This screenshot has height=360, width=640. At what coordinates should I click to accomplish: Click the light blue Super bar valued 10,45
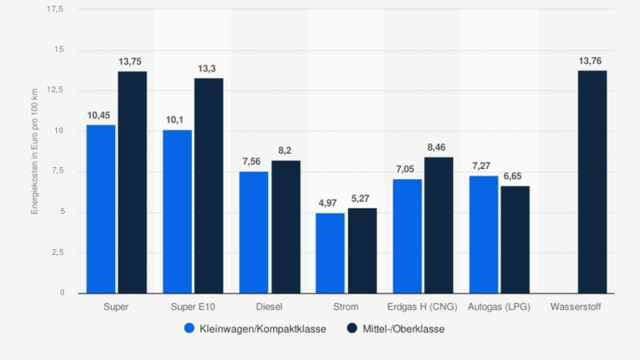tap(101, 209)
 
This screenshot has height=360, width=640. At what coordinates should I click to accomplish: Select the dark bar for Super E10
tap(208, 186)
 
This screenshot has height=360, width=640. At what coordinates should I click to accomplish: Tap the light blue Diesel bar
tap(253, 232)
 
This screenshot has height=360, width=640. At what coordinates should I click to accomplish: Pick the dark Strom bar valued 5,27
tap(362, 251)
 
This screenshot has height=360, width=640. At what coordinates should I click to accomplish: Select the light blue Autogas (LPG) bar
tap(484, 235)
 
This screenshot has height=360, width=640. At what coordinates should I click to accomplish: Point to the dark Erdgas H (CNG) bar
tap(439, 225)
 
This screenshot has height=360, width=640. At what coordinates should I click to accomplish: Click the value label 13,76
tap(592, 61)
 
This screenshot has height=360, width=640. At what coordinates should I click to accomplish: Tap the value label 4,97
tap(330, 204)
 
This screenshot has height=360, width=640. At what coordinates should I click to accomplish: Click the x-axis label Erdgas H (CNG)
tap(423, 306)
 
